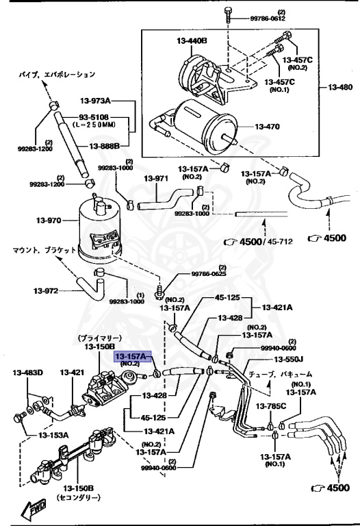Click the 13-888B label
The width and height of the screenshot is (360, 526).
(103, 146)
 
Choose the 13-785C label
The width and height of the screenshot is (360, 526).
(273, 406)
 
